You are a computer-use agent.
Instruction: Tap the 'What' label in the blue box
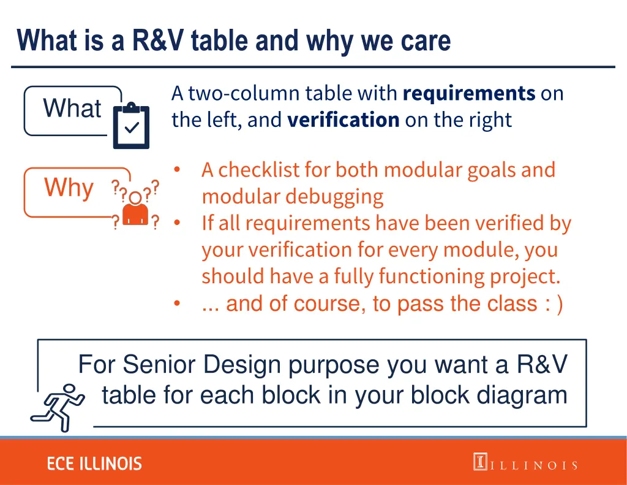72,109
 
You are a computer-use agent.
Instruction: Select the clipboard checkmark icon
131,126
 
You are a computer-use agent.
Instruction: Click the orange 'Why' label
69,188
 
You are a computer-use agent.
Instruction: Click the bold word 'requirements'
469,93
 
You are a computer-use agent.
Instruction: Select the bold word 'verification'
343,120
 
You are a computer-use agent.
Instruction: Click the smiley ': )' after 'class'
552,304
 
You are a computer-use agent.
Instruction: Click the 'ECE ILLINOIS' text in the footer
94,464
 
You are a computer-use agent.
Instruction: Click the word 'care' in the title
426,41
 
